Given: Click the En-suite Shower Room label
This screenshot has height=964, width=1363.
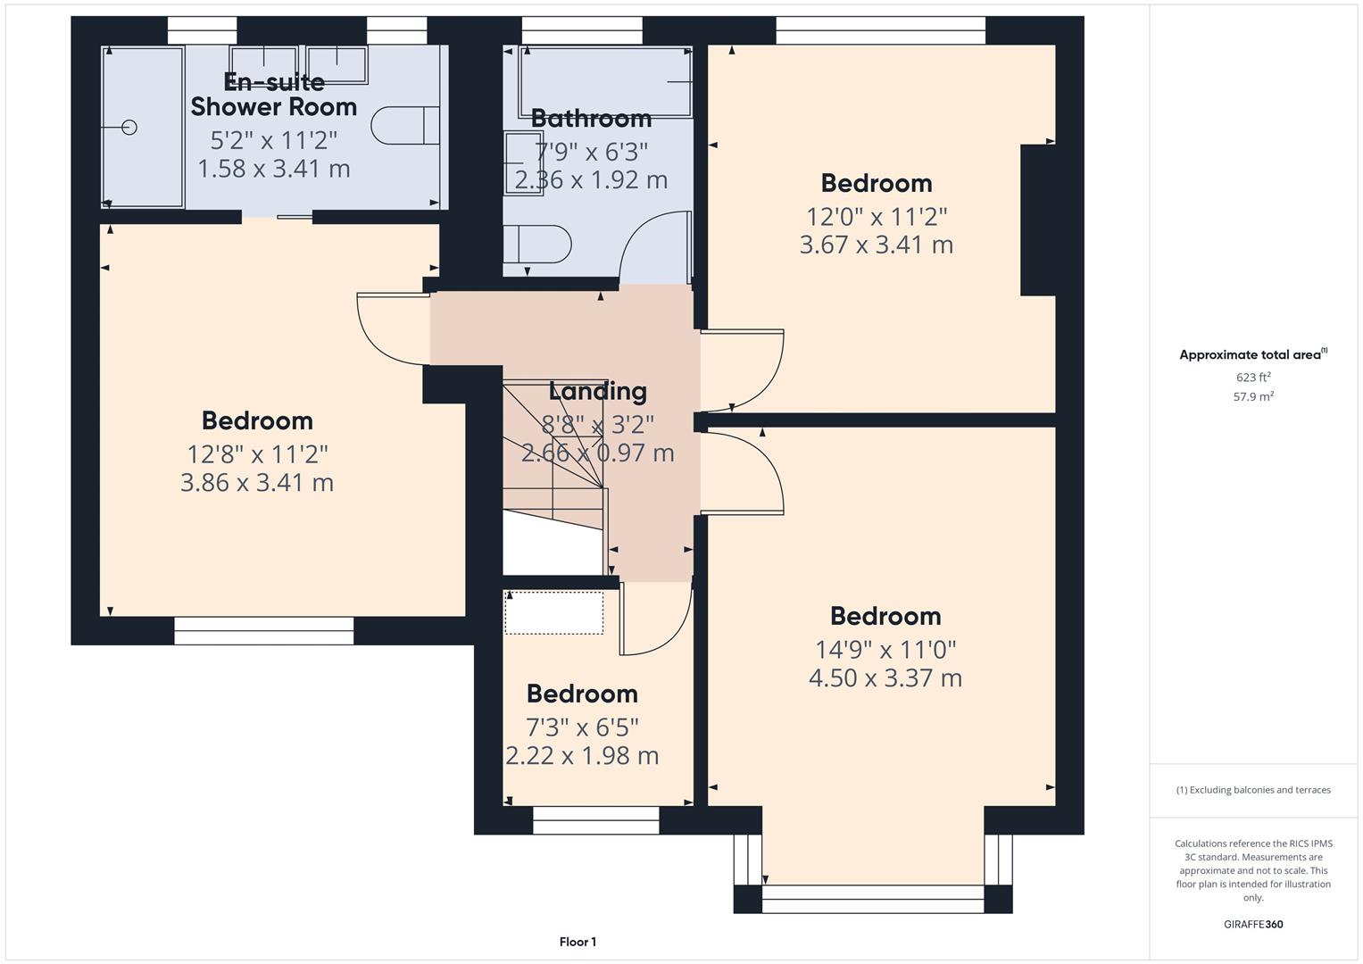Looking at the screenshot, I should click(x=274, y=95).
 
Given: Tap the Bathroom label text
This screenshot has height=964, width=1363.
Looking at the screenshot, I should click(x=591, y=118).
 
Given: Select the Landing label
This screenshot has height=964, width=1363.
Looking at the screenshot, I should click(x=597, y=391).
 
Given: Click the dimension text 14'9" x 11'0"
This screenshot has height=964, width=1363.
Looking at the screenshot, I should click(x=885, y=649).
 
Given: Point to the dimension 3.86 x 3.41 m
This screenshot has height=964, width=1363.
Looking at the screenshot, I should click(x=257, y=483).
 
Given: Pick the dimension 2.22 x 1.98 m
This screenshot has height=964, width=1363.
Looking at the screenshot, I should click(x=582, y=756).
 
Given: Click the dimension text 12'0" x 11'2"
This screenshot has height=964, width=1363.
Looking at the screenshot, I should click(x=877, y=216).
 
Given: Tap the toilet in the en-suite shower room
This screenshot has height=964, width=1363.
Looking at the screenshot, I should click(x=404, y=126).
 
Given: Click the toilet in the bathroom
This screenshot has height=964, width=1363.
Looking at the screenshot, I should click(x=537, y=244).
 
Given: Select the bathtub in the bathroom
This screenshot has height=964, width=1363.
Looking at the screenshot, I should click(x=605, y=81).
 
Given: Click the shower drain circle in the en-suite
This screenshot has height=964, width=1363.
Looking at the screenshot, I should click(x=129, y=128).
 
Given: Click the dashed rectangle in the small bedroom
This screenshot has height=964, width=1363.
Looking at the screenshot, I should click(x=554, y=612).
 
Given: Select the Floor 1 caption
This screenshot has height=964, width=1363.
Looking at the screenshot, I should click(x=578, y=942).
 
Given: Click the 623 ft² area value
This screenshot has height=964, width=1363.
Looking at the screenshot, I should click(x=1253, y=377).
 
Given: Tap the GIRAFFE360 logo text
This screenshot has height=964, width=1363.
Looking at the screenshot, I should click(x=1253, y=924).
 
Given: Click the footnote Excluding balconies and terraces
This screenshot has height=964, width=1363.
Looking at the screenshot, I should click(x=1253, y=790).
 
